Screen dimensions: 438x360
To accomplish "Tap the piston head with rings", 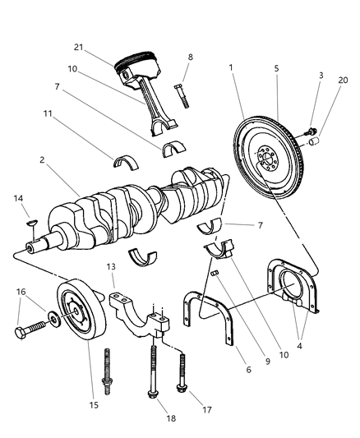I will tap(137, 64).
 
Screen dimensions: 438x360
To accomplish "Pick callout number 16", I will tap(21, 292).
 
